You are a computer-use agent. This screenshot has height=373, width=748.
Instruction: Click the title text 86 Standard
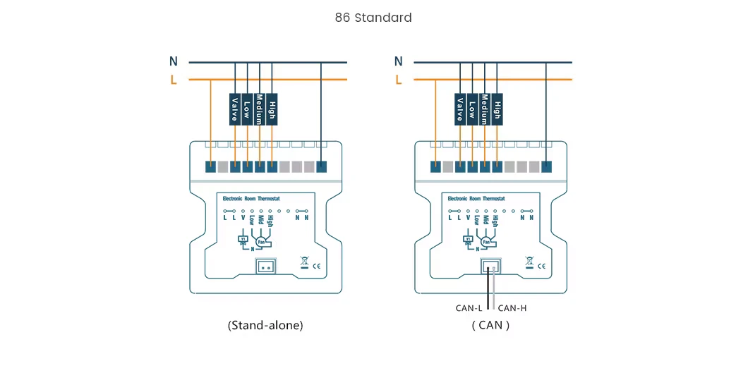(373, 18)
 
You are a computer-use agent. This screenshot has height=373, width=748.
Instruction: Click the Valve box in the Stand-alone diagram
(235, 109)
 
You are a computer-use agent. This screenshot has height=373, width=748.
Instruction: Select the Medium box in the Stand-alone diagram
(260, 109)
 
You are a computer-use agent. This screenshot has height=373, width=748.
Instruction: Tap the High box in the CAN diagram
(497, 109)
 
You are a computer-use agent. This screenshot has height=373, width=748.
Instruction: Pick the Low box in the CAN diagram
(472, 109)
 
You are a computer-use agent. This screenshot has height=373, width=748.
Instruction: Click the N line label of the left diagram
(174, 62)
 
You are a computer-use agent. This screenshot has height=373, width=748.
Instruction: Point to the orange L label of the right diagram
(399, 80)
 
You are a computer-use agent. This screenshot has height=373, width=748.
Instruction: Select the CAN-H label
(512, 307)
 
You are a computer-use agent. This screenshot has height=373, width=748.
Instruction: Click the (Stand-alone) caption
(265, 325)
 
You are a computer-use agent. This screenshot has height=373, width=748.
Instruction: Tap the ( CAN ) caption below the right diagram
(490, 325)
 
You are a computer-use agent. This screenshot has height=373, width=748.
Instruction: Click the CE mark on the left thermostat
(317, 266)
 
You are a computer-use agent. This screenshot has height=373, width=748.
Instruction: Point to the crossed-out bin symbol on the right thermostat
(529, 263)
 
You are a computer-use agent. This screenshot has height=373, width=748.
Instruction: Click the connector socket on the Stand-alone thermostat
(266, 267)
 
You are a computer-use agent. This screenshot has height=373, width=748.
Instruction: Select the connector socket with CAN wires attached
(491, 267)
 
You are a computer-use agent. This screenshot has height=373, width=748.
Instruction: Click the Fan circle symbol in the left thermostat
(261, 242)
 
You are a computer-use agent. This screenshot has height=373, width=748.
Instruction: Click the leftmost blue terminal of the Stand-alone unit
(210, 167)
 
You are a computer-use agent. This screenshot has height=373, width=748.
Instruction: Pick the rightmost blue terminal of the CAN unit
(546, 167)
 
